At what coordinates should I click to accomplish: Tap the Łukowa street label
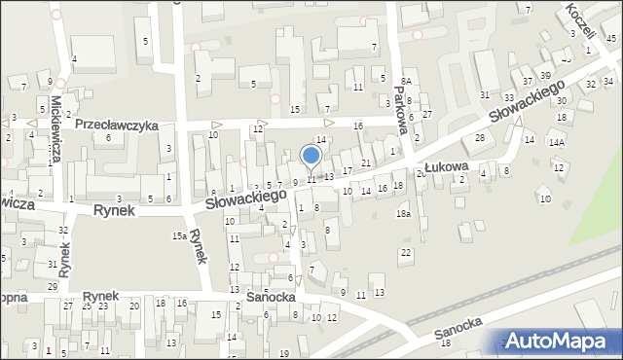447,167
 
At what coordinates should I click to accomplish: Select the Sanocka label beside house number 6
271,296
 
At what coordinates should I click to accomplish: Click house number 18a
402,213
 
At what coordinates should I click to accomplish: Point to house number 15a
179,235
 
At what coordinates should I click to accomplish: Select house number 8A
407,82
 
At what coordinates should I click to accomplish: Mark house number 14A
556,142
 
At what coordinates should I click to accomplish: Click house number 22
406,253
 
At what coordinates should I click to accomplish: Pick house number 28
479,138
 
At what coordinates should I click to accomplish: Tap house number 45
609,38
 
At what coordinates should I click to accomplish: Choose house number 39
546,75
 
